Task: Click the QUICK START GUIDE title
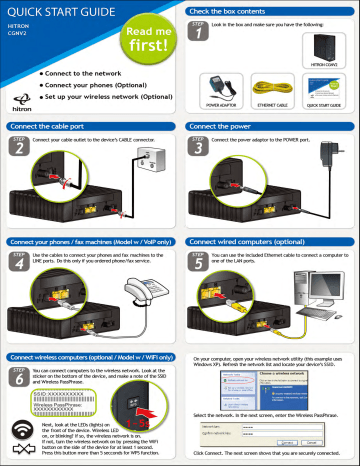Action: tap(62, 12)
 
